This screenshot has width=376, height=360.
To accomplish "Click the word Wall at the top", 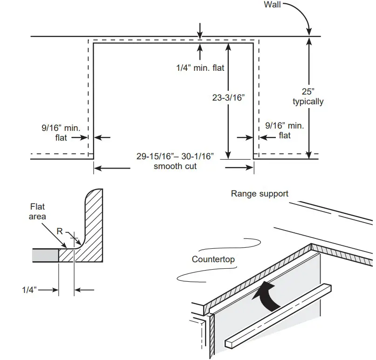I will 273,5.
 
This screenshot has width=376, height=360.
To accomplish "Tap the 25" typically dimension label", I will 308,96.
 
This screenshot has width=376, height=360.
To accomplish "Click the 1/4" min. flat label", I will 200,68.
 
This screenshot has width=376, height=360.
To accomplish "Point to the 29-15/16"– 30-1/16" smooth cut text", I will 175,161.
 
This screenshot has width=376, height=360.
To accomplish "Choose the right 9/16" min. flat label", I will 285,130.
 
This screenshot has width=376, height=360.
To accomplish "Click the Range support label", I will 260,194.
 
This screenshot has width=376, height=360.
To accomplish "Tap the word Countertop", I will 213,259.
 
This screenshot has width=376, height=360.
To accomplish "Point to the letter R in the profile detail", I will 59,231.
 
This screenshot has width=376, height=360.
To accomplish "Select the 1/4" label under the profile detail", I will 30,290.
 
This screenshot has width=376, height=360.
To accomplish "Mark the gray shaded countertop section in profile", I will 45,256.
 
